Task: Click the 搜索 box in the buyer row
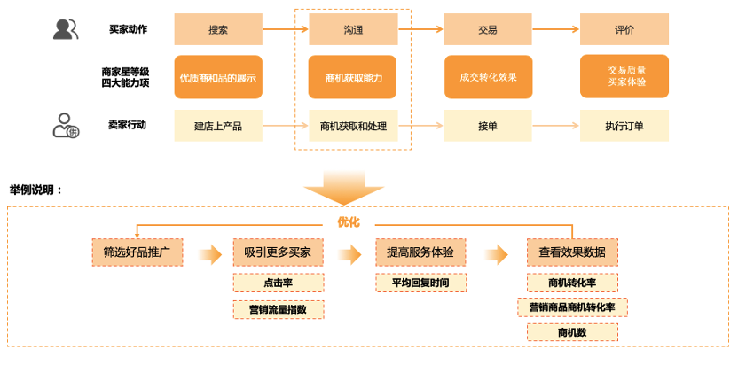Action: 218,29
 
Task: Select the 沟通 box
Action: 353,29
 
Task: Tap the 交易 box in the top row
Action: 487,29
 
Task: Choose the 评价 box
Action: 624,29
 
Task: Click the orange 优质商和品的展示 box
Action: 218,77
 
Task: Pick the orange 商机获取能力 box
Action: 353,77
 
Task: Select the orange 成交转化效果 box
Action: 487,77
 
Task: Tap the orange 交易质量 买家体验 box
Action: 624,76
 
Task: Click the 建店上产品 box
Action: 218,126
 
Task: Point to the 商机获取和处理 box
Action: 353,126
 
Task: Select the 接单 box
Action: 487,126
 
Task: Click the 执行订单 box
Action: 624,126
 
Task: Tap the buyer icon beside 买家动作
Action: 66,29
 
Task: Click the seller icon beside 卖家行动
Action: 66,126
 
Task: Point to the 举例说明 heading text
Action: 36,190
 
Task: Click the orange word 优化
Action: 349,221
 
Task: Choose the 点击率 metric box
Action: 279,283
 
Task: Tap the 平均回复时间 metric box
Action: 420,283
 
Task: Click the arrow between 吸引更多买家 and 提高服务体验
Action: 350,254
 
